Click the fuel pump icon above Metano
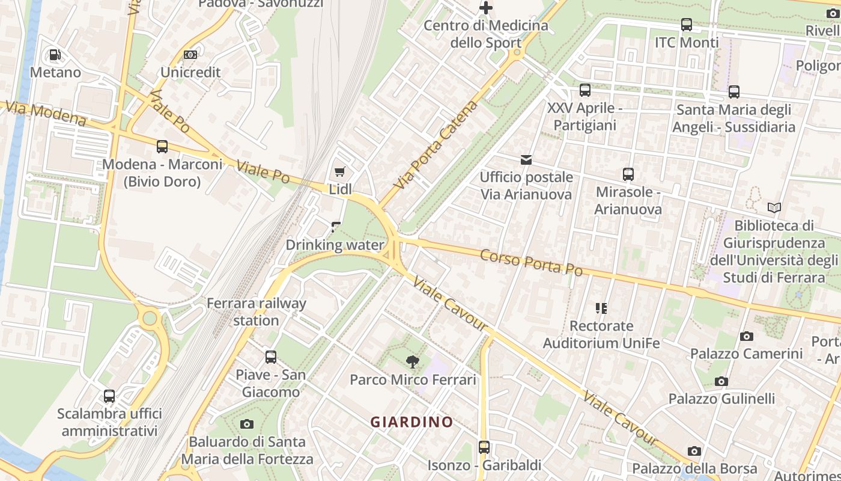tap(55, 55)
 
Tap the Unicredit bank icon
tap(190, 55)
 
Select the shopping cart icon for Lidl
tap(340, 171)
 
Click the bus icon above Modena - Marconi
tap(162, 146)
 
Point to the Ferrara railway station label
tap(257, 311)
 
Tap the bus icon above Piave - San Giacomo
tap(271, 357)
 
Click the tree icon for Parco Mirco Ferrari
tap(413, 361)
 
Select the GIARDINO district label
tap(412, 422)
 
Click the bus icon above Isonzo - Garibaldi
tap(484, 447)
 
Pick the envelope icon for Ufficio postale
tap(526, 159)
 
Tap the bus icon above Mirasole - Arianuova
tap(628, 174)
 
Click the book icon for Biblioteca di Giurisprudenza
tap(774, 208)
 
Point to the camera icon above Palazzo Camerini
tap(747, 336)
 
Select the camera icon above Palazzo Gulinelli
tap(721, 381)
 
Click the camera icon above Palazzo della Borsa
tap(694, 451)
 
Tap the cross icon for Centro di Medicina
tap(486, 8)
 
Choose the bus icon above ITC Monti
tap(687, 25)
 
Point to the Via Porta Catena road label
tap(437, 145)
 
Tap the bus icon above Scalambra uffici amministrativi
tap(109, 396)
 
